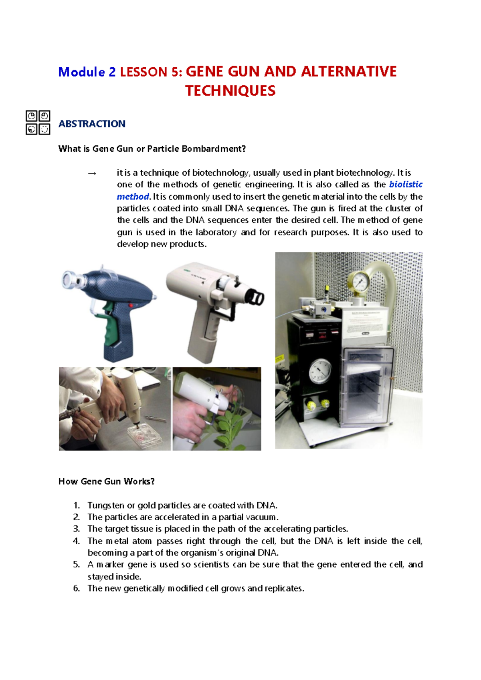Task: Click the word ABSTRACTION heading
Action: tap(92, 124)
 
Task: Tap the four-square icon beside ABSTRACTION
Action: tap(38, 122)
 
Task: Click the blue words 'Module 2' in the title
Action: tap(87, 72)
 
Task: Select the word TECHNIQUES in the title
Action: tap(230, 91)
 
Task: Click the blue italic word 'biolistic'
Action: tap(406, 185)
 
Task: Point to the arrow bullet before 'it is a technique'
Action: tap(92, 173)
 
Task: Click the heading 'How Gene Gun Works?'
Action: tap(107, 481)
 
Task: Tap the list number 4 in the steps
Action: tap(76, 541)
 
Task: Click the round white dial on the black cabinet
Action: tap(321, 371)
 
